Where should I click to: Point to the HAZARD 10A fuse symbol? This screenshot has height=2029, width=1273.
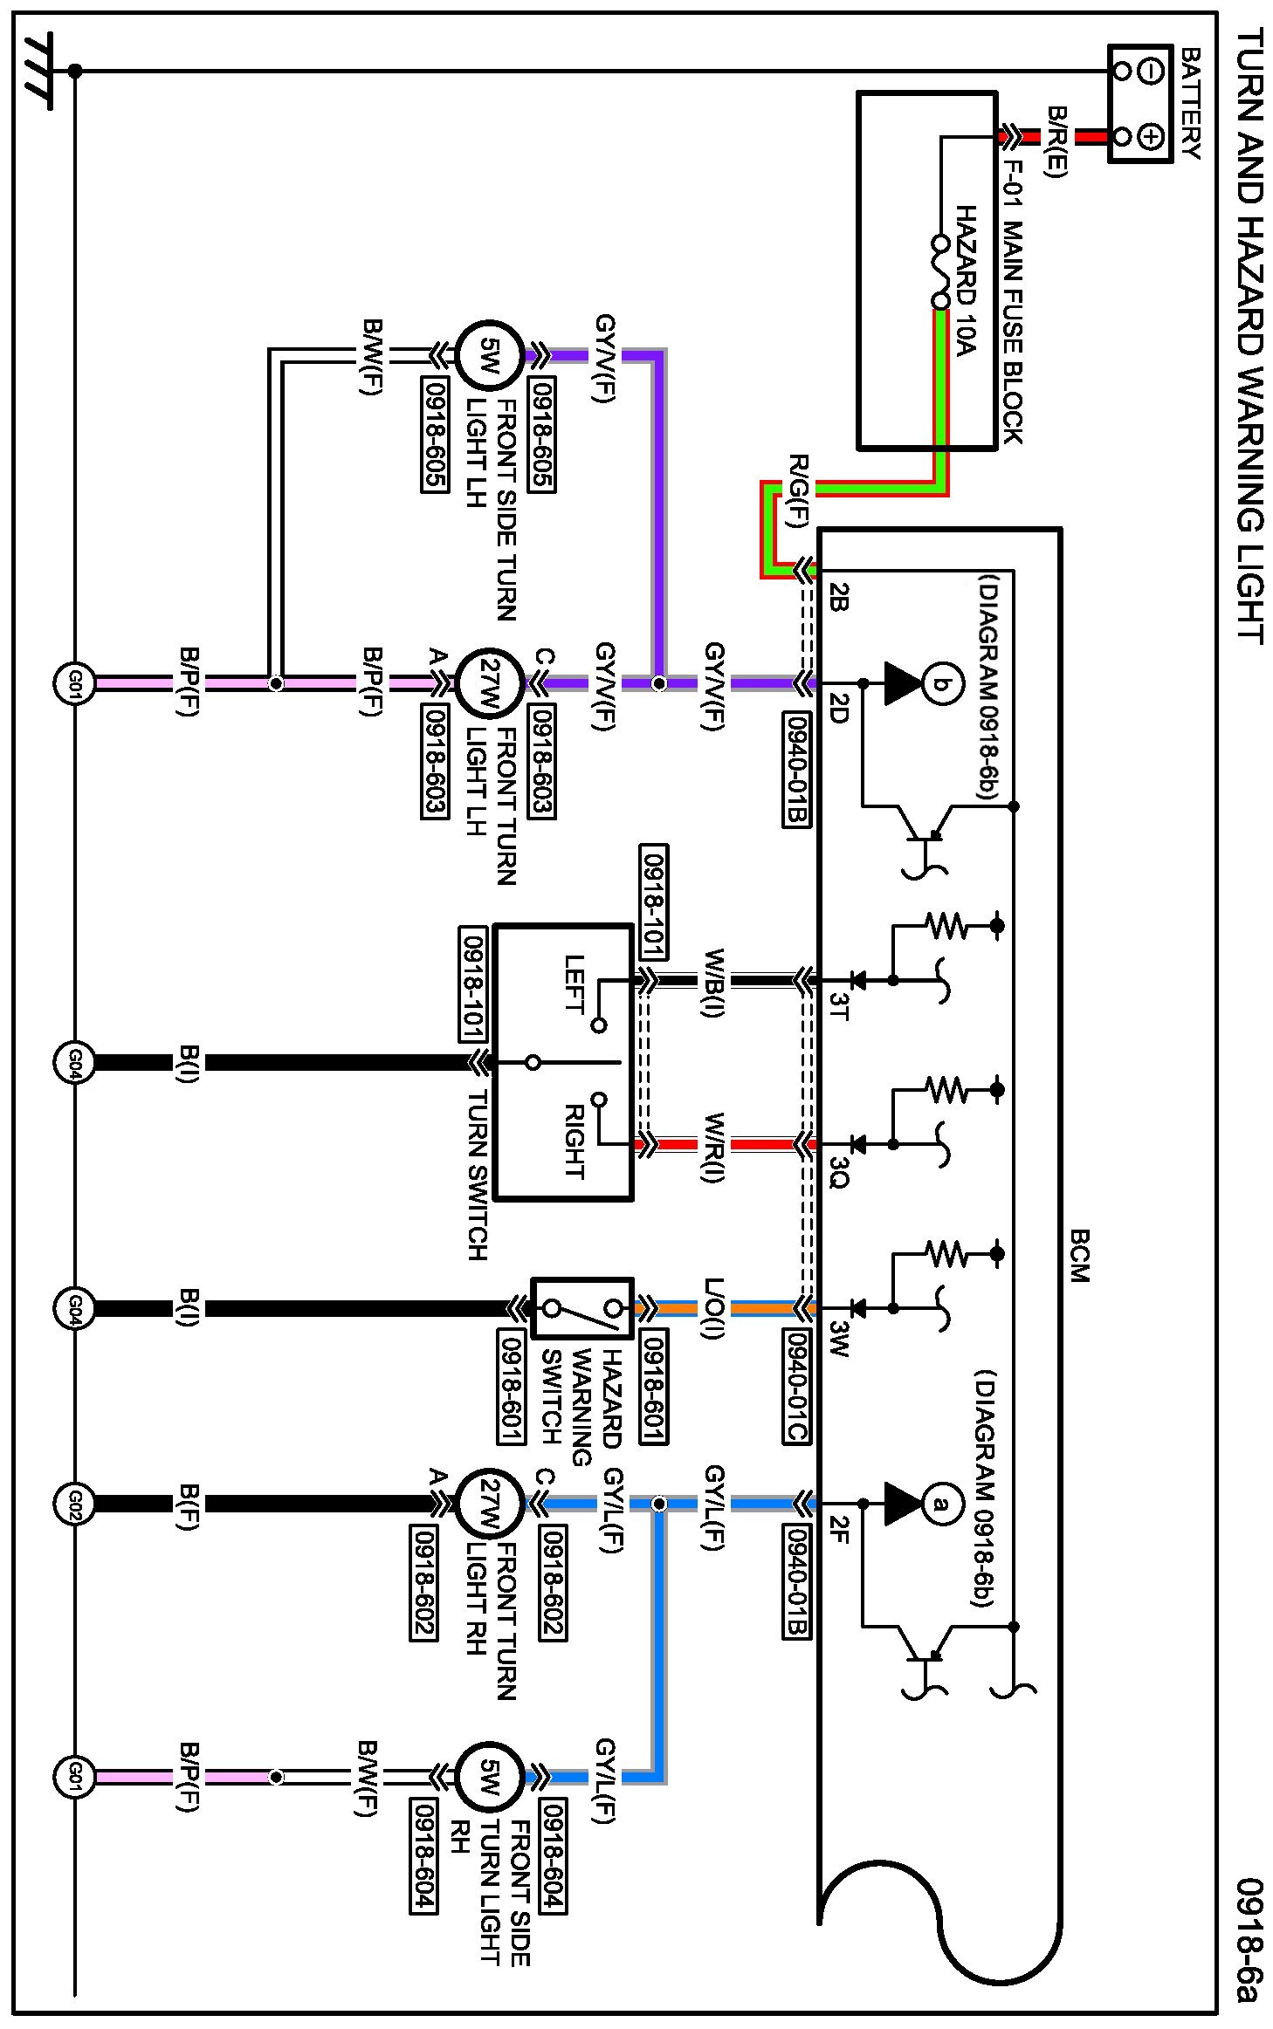[x=940, y=272]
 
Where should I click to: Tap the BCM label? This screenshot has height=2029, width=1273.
[x=1078, y=1256]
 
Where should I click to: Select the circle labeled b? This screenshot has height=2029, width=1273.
[x=940, y=682]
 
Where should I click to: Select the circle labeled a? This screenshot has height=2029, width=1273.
[x=940, y=1503]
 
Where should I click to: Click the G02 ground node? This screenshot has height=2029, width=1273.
[x=74, y=1504]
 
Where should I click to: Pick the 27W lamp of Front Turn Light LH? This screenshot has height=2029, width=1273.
[x=490, y=683]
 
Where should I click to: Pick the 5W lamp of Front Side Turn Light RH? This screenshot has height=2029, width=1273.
[x=490, y=1778]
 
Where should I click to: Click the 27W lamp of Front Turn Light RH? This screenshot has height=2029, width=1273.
[x=490, y=1504]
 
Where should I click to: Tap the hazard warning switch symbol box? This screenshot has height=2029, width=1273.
[x=582, y=1308]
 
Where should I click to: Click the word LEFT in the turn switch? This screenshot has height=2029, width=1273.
[x=574, y=984]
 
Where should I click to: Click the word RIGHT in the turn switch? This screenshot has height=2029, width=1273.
[x=574, y=1141]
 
